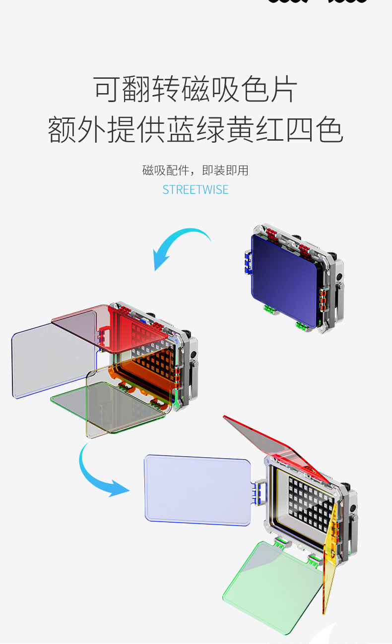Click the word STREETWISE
click(196, 190)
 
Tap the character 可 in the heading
click(108, 90)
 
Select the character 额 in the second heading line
click(63, 130)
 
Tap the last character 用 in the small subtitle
click(243, 170)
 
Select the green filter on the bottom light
click(270, 585)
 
